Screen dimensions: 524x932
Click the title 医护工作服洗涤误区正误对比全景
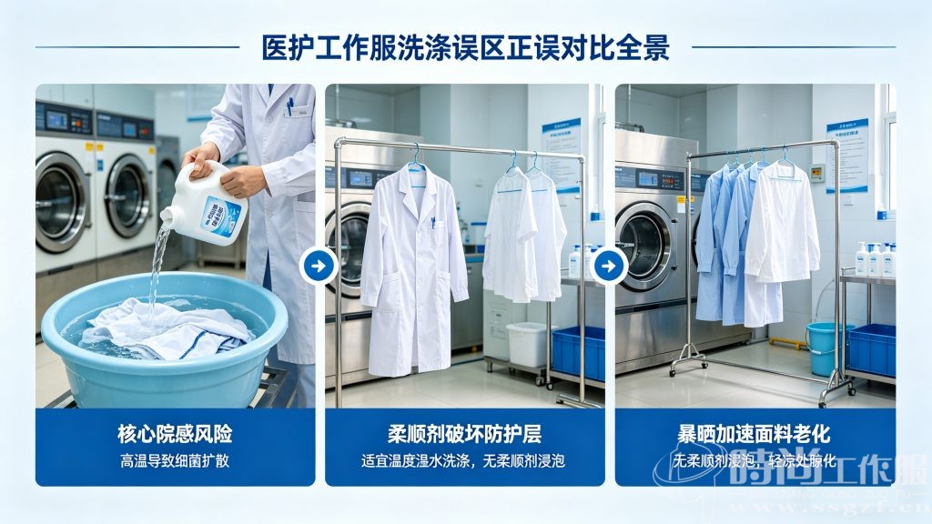pyautogui.click(x=465, y=47)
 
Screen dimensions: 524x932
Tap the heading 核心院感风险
pyautogui.click(x=174, y=433)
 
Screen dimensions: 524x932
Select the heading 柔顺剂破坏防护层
pyautogui.click(x=464, y=433)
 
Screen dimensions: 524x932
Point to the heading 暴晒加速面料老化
pyautogui.click(x=754, y=433)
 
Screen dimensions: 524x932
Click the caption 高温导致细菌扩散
pyautogui.click(x=174, y=461)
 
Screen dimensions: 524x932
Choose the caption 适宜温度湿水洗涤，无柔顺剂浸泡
pyautogui.click(x=464, y=461)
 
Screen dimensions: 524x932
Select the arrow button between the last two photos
pyautogui.click(x=608, y=267)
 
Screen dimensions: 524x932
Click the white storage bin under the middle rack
pyautogui.click(x=526, y=345)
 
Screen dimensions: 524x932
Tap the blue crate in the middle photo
pyautogui.click(x=579, y=351)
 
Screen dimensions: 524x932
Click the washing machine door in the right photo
pyautogui.click(x=643, y=247)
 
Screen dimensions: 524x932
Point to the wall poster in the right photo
pyautogui.click(x=846, y=155)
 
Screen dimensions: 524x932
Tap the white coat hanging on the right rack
pyautogui.click(x=783, y=223)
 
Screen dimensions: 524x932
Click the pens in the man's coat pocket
pyautogui.click(x=290, y=106)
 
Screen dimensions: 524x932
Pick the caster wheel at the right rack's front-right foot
pyautogui.click(x=825, y=398)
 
